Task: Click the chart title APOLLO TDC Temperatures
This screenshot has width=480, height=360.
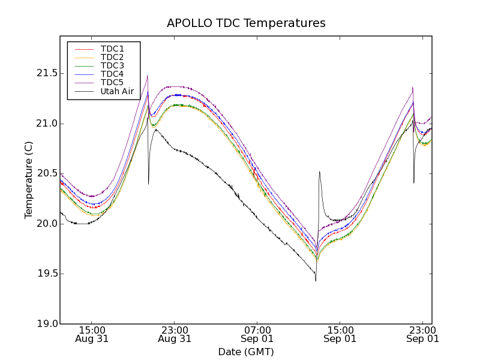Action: pos(246,23)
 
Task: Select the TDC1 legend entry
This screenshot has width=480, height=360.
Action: pos(112,49)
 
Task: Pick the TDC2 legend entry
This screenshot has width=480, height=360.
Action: pos(112,57)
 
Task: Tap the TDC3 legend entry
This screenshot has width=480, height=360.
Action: pos(112,65)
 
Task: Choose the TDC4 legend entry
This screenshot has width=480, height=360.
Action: pos(112,74)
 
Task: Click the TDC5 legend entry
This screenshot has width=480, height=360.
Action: pos(112,83)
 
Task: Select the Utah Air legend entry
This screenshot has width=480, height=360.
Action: pos(116,92)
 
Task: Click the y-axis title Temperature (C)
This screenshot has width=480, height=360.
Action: pos(29,180)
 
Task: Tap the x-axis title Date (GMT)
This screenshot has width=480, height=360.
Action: pos(246,352)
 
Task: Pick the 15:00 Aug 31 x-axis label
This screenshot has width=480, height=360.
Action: pos(92,334)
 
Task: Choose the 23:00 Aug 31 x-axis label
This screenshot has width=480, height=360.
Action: pos(175,334)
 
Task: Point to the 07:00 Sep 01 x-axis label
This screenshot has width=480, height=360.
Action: pos(257,334)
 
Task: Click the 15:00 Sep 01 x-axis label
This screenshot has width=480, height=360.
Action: pos(340,334)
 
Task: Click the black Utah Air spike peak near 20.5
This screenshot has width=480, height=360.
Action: pos(319,172)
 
